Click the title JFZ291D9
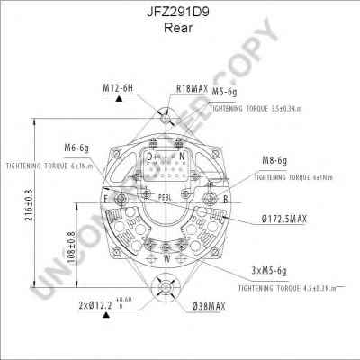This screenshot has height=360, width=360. click(x=180, y=13)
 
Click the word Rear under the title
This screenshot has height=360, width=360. click(x=180, y=28)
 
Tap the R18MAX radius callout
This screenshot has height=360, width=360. click(x=191, y=88)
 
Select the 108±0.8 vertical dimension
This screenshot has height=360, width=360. click(x=73, y=248)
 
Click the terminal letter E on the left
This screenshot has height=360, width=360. click(x=106, y=198)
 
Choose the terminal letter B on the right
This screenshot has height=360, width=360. click(x=224, y=198)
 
